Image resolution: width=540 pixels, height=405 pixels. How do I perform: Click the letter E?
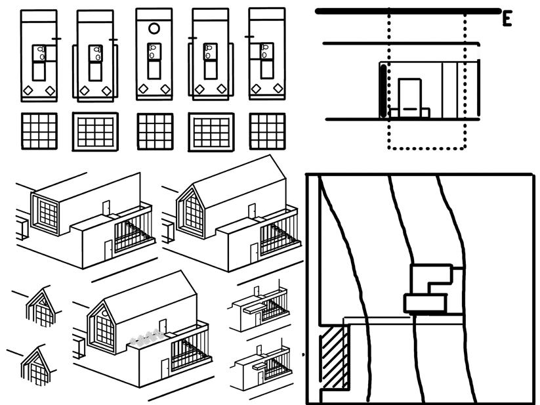click(507, 20)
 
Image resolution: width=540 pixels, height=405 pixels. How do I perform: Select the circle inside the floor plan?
click(154, 28)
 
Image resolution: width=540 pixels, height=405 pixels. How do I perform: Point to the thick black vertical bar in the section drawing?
click(383, 91)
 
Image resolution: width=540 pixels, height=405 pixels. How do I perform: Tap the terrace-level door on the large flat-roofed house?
click(105, 208)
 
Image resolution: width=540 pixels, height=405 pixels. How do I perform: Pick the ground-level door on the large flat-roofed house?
click(108, 250)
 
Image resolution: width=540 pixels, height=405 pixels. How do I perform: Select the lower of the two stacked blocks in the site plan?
click(425, 303)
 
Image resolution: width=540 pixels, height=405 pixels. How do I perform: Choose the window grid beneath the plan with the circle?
click(155, 131)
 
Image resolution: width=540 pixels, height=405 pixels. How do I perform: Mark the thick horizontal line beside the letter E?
click(407, 11)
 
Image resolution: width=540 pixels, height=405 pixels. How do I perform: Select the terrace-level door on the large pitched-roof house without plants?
click(251, 211)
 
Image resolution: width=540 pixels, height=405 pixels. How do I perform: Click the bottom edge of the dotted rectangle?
click(426, 148)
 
